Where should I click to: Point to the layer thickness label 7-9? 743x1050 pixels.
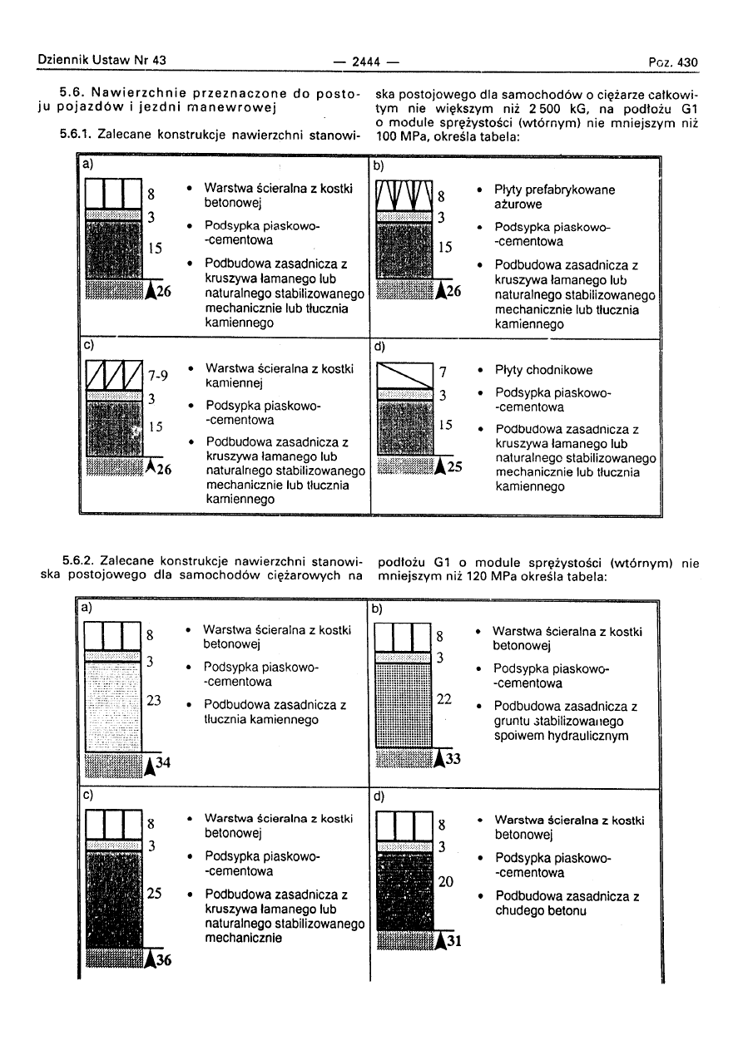click(158, 376)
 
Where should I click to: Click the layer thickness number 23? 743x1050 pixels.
click(154, 701)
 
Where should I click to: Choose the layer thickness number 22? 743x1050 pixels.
click(443, 699)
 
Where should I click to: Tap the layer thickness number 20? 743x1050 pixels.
click(445, 882)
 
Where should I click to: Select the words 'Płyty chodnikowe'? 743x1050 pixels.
click(544, 370)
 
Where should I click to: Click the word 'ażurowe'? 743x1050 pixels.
click(518, 205)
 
